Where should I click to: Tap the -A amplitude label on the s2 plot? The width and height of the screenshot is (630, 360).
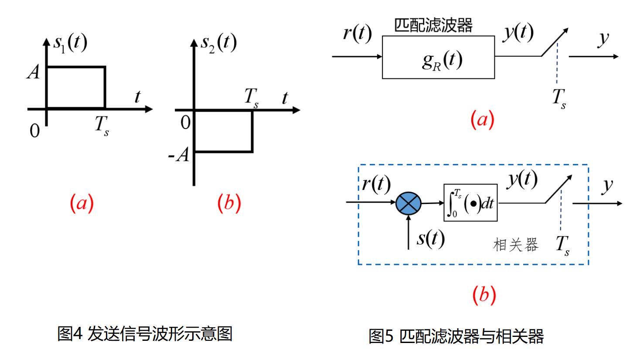click(179, 155)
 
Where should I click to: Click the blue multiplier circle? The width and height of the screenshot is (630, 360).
click(409, 203)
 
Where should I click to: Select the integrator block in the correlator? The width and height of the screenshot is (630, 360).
click(470, 202)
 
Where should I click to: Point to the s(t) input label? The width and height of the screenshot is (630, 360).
click(430, 238)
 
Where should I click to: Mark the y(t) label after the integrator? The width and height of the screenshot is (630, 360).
click(521, 179)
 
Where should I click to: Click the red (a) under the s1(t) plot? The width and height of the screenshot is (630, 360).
click(82, 203)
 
